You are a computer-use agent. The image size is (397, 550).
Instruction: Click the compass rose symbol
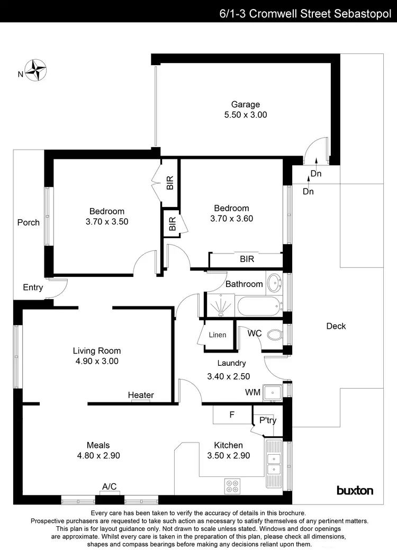tap(38, 69)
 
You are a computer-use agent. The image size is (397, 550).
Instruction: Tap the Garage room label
tap(245, 104)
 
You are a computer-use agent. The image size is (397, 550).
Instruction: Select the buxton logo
tap(355, 490)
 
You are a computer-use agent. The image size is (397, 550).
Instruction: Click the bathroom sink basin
tap(274, 283)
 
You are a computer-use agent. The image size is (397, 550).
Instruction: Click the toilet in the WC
tap(274, 335)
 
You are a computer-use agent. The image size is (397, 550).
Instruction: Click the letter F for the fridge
tap(231, 415)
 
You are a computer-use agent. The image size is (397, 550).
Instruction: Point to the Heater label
tap(141, 395)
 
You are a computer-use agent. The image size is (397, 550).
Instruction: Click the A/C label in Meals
tap(110, 486)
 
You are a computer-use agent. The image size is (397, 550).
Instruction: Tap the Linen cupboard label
tap(217, 335)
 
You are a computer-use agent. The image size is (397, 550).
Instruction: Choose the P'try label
tap(267, 420)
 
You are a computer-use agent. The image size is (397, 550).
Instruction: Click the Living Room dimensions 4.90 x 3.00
tap(96, 362)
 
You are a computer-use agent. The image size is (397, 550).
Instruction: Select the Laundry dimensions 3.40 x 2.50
tap(228, 376)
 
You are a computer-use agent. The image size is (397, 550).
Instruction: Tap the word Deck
tap(336, 326)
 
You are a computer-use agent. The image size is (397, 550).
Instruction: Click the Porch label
tap(29, 222)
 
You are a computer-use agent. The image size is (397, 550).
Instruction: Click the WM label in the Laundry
tap(252, 392)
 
